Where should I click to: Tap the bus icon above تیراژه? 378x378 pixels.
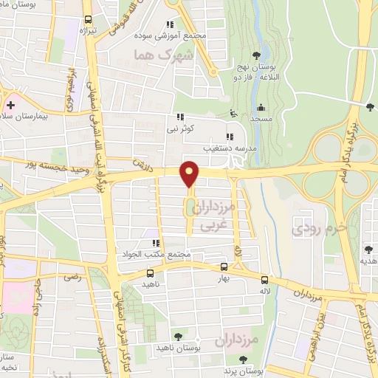[x=89, y=20]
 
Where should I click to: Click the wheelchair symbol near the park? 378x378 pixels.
[x=234, y=113]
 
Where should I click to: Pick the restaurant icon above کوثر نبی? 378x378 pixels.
[x=179, y=117]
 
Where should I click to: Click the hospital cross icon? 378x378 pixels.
[x=10, y=104]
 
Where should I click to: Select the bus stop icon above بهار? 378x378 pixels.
[x=224, y=267]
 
